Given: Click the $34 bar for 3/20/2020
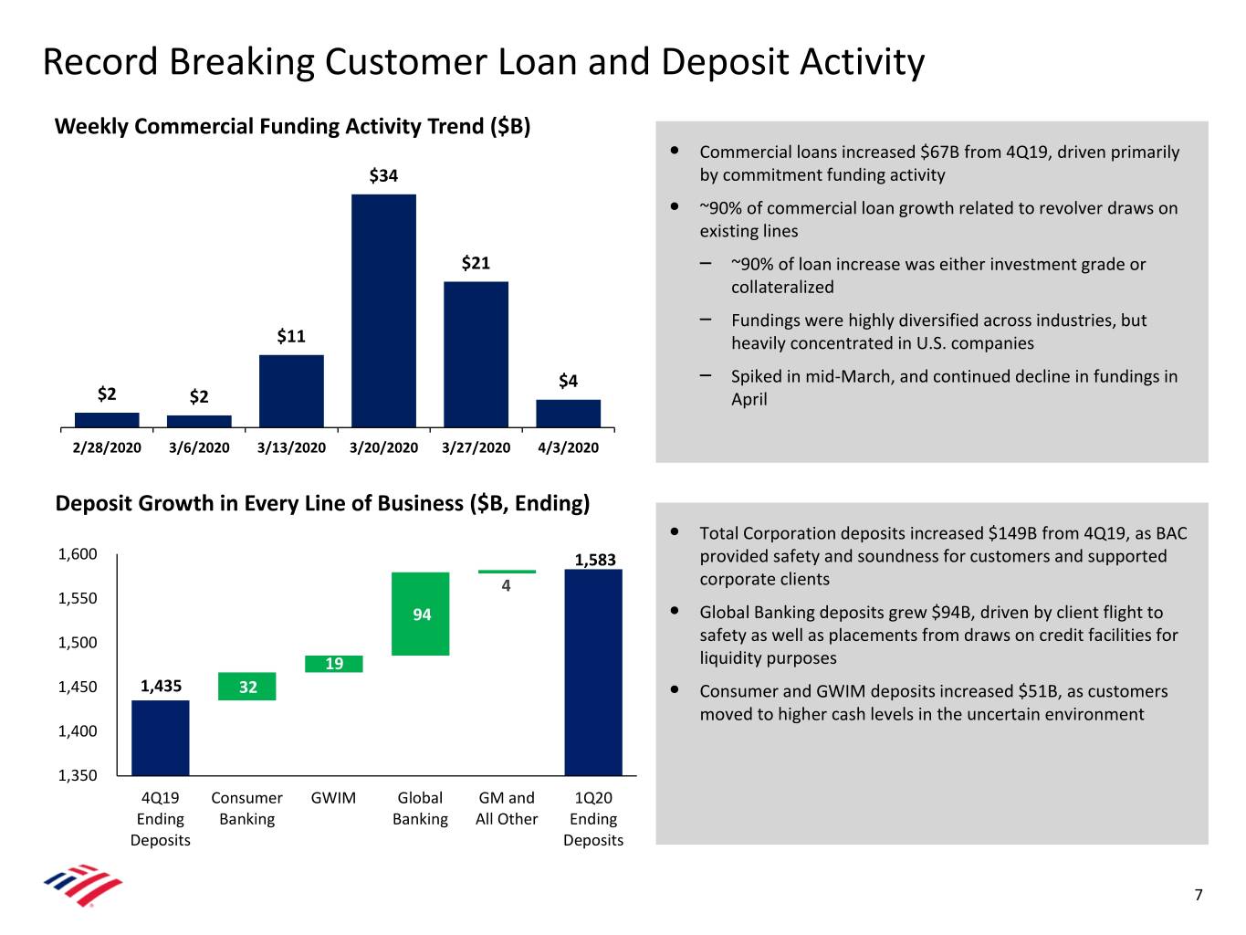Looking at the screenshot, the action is (x=383, y=310).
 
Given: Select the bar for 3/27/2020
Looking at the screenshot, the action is (x=476, y=354).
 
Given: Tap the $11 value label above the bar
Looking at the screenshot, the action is (x=291, y=336).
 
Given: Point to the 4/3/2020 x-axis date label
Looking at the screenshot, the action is (x=568, y=447).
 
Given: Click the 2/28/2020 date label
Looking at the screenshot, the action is (x=107, y=447).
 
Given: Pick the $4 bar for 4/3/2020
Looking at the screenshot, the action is (x=568, y=414).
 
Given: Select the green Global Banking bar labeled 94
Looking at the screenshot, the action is (x=420, y=614).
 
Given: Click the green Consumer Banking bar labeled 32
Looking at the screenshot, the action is (x=247, y=687).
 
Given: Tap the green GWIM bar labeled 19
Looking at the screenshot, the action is (x=334, y=664).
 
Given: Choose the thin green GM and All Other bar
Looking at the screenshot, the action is (x=507, y=571).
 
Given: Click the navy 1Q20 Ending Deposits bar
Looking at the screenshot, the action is (x=593, y=672).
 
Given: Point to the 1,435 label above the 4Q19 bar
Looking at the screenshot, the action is (x=162, y=686).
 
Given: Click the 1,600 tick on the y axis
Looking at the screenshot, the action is (x=78, y=553).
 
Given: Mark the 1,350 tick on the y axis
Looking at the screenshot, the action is (x=78, y=775).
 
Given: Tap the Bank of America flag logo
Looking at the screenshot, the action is (x=83, y=885).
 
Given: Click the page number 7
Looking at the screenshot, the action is (x=1199, y=895).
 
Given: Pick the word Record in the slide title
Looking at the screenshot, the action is (x=100, y=61).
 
